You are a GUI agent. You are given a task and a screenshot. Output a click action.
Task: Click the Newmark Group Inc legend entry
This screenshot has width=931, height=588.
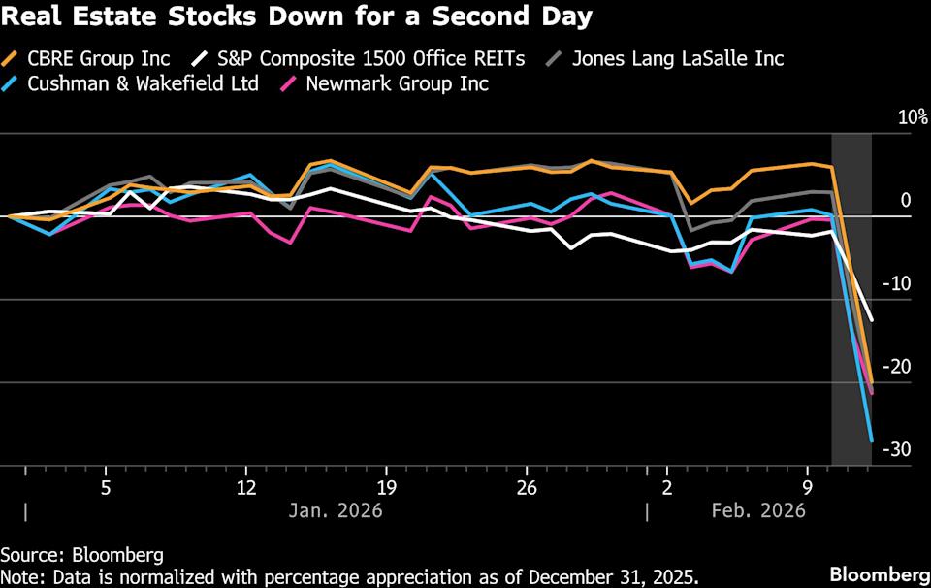[x=397, y=83]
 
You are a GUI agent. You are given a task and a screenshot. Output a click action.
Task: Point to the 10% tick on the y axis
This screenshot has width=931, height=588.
[x=913, y=117]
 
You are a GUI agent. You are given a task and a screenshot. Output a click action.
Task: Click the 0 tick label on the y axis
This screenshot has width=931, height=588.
[x=905, y=201]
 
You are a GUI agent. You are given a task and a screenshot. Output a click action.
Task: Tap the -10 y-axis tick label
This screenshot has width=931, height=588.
[x=901, y=283]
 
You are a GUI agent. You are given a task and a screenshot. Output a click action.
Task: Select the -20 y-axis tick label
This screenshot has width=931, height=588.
[x=899, y=367]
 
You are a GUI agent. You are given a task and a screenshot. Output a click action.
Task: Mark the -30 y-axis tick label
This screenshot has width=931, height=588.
[x=899, y=449]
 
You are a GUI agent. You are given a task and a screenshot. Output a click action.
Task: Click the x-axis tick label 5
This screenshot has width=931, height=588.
[x=105, y=485]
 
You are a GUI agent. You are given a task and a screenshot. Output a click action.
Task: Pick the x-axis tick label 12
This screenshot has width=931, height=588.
[x=246, y=485]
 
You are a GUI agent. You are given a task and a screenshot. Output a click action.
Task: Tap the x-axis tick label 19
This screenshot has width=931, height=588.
[x=387, y=485]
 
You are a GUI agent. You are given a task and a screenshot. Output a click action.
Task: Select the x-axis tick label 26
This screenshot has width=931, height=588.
[x=528, y=485]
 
